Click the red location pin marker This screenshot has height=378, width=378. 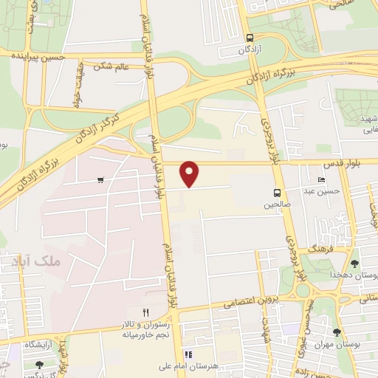pos(190,173)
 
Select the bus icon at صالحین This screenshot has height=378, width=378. pos(278,189)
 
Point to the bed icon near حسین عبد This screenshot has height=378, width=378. pos(321,180)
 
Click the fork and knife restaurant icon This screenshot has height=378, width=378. pos(145,313)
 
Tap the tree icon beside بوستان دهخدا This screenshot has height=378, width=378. pos(354,264)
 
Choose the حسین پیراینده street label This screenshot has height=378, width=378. pos(36,56)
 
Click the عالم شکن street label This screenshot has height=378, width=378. pos(111,66)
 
